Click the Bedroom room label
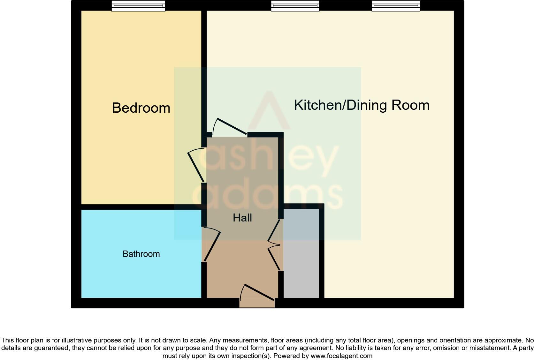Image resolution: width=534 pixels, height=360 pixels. (x=141, y=108)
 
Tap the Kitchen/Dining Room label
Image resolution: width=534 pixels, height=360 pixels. (x=362, y=105)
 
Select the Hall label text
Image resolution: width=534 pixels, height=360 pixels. (x=242, y=218)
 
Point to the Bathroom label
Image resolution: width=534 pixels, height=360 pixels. (x=141, y=254)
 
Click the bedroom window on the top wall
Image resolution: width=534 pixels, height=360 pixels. (x=138, y=6)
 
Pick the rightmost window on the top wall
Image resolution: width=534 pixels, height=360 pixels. (x=396, y=6)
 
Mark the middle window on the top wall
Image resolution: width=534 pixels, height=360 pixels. (x=295, y=6)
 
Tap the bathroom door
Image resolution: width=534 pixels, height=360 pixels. (x=212, y=246)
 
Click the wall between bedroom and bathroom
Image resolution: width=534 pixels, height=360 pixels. (x=141, y=207)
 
